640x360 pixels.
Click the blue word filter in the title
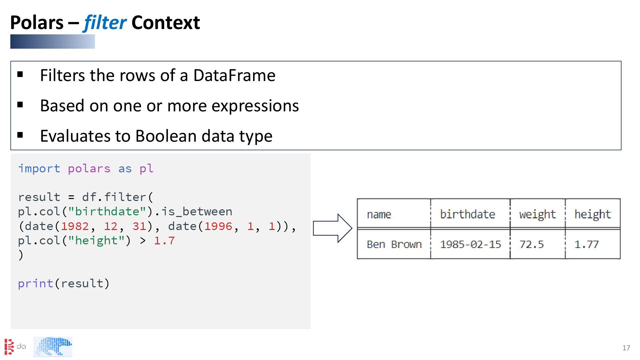point(105,23)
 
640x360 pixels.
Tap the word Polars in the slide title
point(37,23)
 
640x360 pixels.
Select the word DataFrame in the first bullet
point(234,75)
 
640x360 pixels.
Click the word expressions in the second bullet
point(255,106)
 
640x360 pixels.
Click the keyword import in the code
point(39,169)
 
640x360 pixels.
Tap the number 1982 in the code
point(75,226)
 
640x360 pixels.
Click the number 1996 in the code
point(218,226)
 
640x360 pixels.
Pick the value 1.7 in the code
point(164,241)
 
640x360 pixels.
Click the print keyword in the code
point(35,284)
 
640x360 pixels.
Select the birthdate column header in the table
point(467,214)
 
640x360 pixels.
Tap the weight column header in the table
point(537,214)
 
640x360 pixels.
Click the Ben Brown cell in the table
point(394,244)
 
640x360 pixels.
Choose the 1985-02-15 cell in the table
point(470,244)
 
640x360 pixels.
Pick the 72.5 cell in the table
point(531,244)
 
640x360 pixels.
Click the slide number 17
point(626,348)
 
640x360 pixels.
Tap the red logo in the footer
point(9,347)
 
